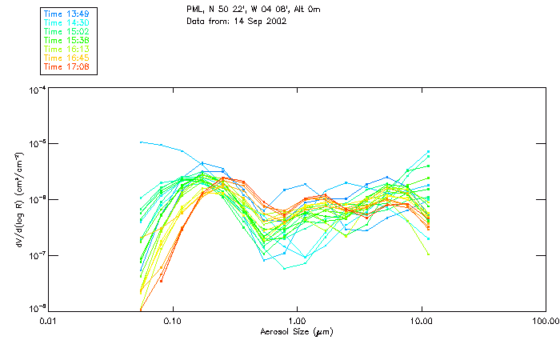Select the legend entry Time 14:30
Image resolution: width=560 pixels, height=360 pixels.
point(67,24)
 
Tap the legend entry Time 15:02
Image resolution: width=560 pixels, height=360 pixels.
point(67,32)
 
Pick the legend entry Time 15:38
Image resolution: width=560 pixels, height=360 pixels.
point(67,40)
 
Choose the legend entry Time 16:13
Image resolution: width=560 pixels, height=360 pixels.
point(67,49)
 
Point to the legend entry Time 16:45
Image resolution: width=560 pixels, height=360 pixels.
point(67,58)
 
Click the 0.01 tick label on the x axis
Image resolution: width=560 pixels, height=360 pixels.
point(49,321)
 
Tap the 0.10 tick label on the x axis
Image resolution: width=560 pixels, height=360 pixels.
point(173,321)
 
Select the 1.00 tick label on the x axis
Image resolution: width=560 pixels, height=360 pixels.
point(297,321)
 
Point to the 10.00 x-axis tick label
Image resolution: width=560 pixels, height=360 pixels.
point(421,321)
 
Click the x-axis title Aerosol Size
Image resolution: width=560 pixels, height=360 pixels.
point(296,331)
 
